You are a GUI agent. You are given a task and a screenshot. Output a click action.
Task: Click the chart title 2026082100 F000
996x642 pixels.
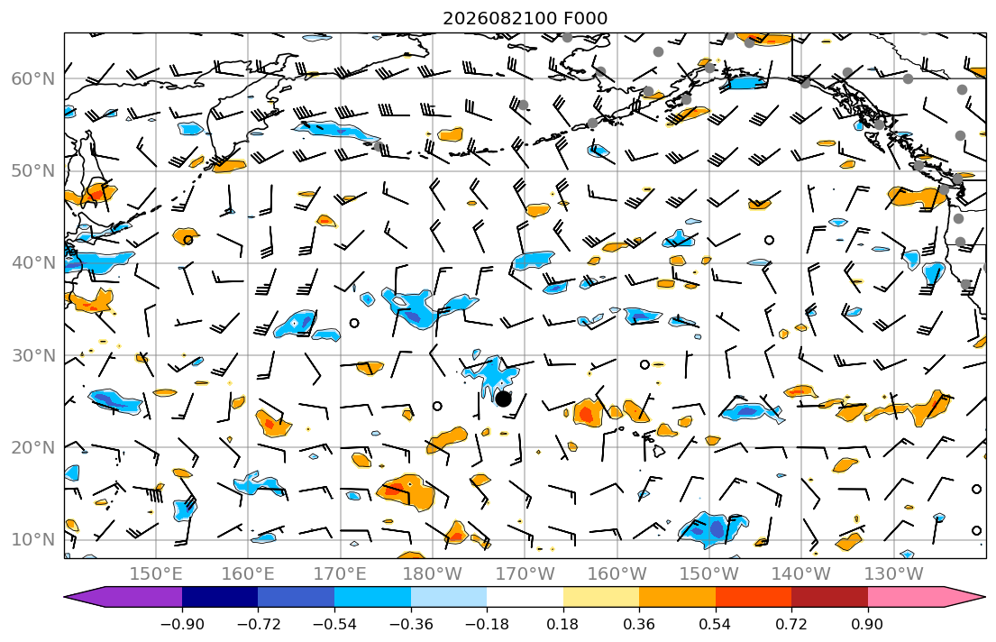(525, 18)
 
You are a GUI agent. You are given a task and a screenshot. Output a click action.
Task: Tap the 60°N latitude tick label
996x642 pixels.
(33, 78)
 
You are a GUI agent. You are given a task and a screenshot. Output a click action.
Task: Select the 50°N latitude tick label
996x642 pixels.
(33, 171)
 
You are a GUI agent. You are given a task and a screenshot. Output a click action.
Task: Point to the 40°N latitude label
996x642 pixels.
(33, 263)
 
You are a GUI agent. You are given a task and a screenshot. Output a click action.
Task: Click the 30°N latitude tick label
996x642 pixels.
(33, 355)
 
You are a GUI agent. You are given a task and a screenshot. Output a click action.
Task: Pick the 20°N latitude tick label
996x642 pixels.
(33, 447)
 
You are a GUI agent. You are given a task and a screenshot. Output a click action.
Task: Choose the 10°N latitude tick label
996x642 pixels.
(33, 540)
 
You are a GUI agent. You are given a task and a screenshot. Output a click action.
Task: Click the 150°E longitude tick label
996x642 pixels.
(156, 574)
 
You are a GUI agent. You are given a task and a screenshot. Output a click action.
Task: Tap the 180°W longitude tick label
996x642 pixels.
(433, 574)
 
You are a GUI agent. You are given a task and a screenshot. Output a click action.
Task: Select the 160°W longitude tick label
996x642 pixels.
(617, 574)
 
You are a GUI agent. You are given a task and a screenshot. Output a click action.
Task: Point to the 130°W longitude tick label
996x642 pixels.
(894, 574)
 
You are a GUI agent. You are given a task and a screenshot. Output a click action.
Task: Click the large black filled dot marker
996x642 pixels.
(503, 399)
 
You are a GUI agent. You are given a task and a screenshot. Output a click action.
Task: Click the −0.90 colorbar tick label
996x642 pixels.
(182, 624)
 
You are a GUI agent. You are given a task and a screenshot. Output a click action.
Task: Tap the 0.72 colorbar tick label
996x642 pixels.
(791, 624)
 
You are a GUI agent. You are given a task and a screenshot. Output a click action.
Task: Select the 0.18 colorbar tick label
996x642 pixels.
(562, 624)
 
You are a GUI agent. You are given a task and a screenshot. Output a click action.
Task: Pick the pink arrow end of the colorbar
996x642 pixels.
(959, 597)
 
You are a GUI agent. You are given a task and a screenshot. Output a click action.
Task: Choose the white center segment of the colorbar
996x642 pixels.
(525, 597)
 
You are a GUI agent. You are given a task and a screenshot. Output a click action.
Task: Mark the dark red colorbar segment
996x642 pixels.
(829, 597)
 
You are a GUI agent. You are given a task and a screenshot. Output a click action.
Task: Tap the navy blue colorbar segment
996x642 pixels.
(220, 597)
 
